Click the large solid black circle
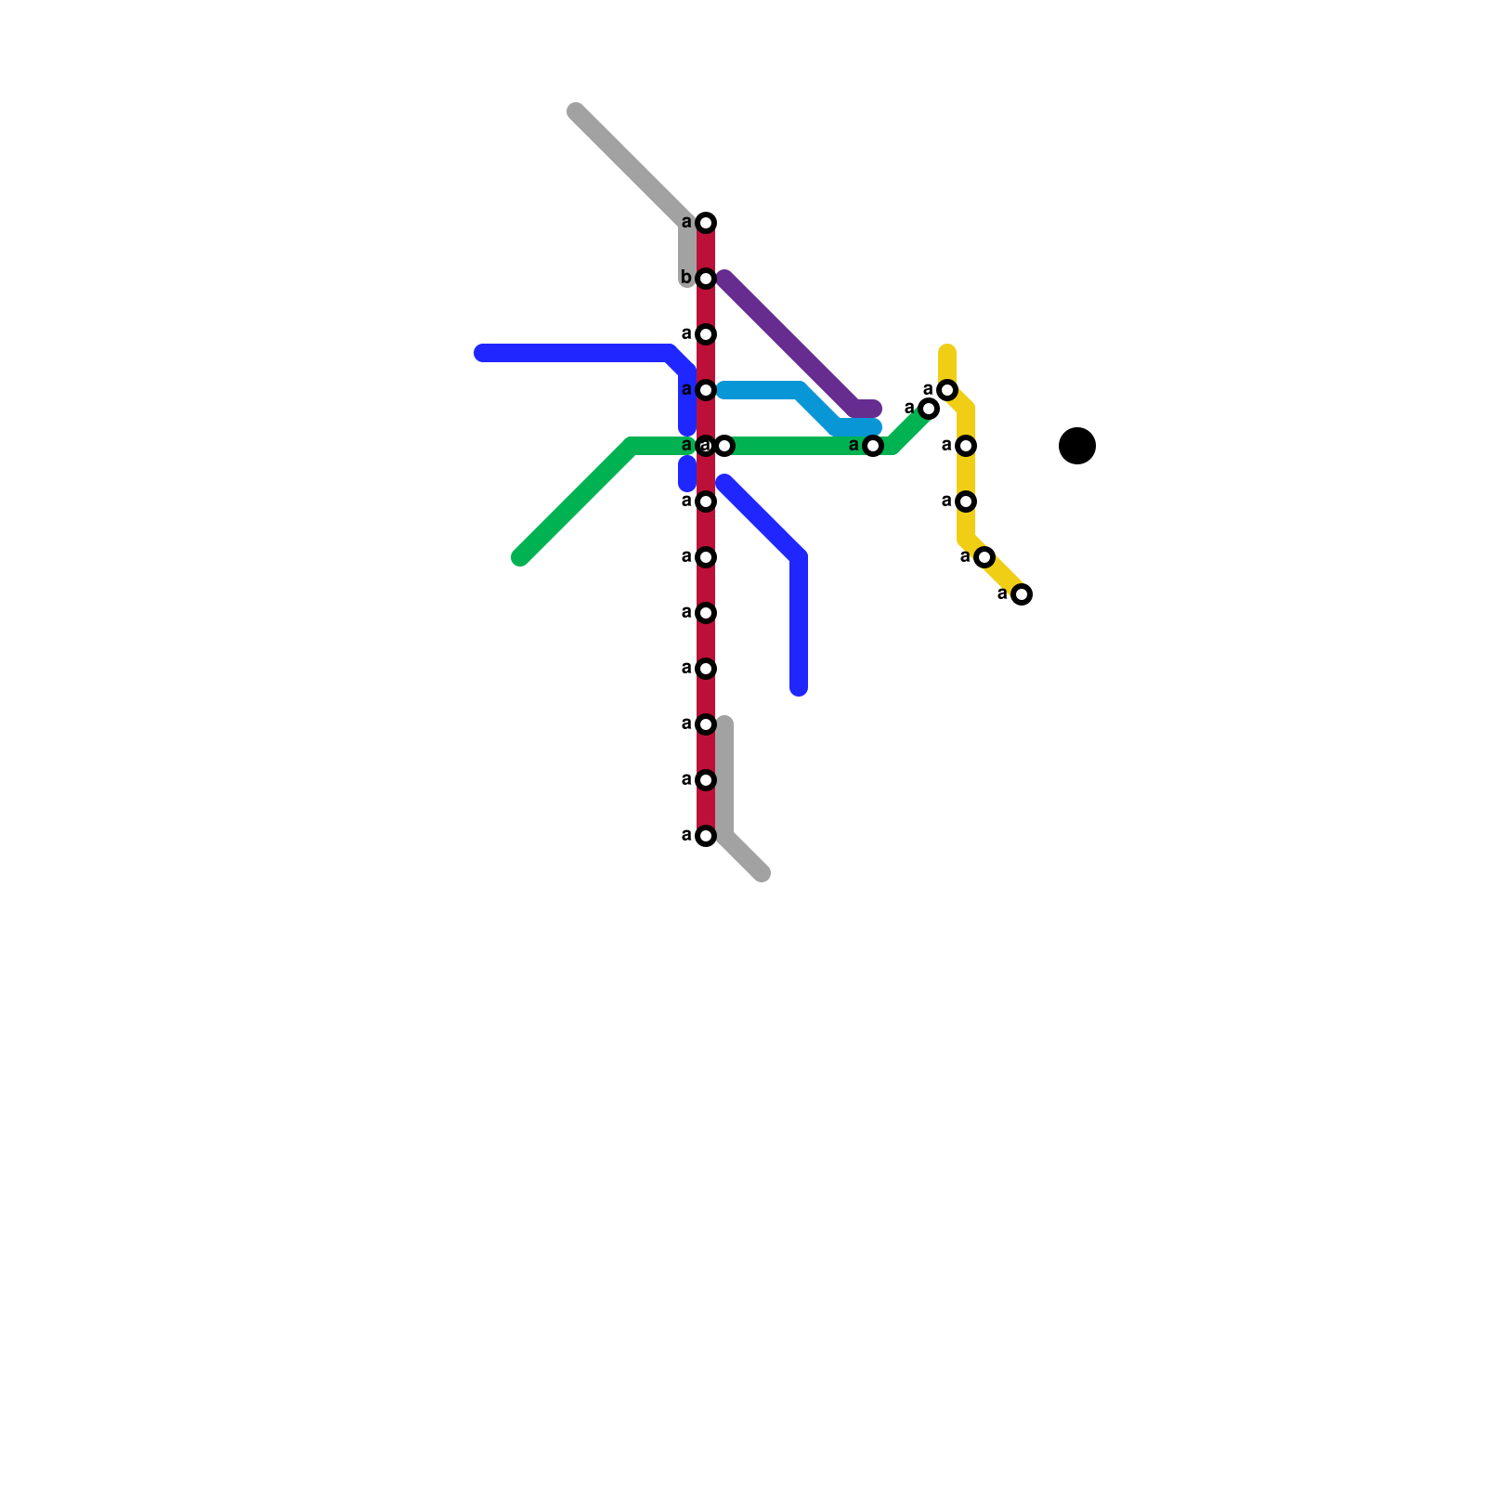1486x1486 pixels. tap(1077, 446)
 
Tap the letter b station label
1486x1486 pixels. tap(686, 278)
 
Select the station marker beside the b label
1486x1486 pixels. tap(706, 279)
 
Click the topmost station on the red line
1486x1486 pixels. tap(706, 223)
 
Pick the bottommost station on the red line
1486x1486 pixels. tap(706, 836)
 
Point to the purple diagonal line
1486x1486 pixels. tap(789, 344)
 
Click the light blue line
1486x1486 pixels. tap(762, 390)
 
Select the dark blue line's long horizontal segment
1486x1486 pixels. tap(576, 353)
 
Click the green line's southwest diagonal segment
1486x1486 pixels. tap(576, 502)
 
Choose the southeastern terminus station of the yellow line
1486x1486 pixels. tap(1022, 594)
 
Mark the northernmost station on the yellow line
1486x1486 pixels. tap(947, 390)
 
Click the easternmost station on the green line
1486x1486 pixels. tap(929, 409)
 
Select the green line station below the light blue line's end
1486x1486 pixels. tap(873, 446)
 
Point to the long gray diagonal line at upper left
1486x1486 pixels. tap(632, 167)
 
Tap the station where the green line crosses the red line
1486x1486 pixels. tap(706, 446)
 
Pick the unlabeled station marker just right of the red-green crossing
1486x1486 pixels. tap(725, 446)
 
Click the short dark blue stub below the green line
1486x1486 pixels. tap(687, 474)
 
